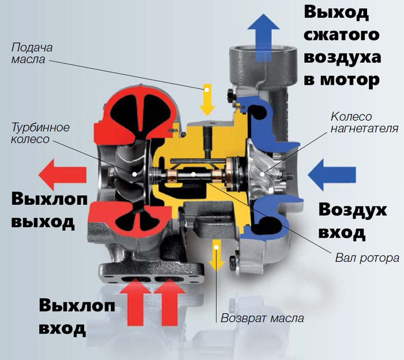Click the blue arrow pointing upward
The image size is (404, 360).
point(264,38)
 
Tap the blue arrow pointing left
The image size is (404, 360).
point(332,175)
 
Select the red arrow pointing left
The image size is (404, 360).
point(62,175)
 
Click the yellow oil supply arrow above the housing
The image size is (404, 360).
point(207,99)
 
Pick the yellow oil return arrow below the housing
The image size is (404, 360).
point(216,256)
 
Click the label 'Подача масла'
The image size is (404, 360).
point(32,53)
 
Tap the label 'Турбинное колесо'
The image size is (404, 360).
point(40,133)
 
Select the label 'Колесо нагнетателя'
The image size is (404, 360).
point(364,122)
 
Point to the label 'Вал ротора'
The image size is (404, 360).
point(367,258)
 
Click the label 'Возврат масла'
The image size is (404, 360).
point(262,318)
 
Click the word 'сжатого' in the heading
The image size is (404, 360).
point(342,34)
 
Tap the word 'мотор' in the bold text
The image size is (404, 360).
point(349,80)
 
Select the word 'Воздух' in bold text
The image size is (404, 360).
point(353,211)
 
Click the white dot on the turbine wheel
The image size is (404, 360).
point(134,174)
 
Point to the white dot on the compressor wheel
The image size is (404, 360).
point(262,174)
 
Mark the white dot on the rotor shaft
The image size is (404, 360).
point(193,174)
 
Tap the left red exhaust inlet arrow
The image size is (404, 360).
point(135,302)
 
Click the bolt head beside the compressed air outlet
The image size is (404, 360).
point(231,96)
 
